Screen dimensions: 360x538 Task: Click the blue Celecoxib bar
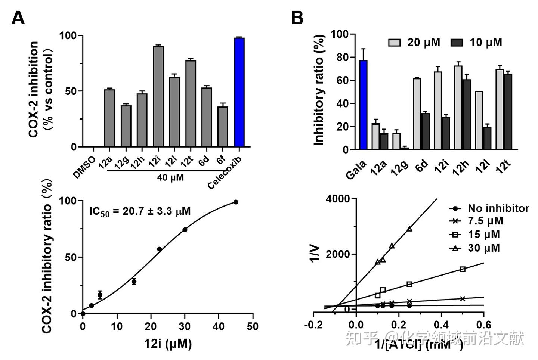[x=239, y=92]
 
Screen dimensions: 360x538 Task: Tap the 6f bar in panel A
[x=223, y=127]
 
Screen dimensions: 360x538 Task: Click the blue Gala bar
[x=363, y=105]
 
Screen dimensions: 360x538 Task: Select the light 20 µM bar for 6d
[x=417, y=114]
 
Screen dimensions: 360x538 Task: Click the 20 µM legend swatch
[x=394, y=42]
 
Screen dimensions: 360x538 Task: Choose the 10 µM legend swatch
[x=456, y=42]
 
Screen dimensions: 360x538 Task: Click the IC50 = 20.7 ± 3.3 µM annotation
[x=140, y=211]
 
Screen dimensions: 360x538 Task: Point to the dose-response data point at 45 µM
[x=236, y=202]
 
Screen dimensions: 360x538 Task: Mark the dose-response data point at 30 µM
[x=185, y=230]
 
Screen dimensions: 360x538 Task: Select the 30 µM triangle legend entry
[x=477, y=248]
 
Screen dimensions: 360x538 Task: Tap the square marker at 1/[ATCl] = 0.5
[x=463, y=269]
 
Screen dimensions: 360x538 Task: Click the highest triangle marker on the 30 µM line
[x=410, y=229]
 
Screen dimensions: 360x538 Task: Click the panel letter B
[x=297, y=18]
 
